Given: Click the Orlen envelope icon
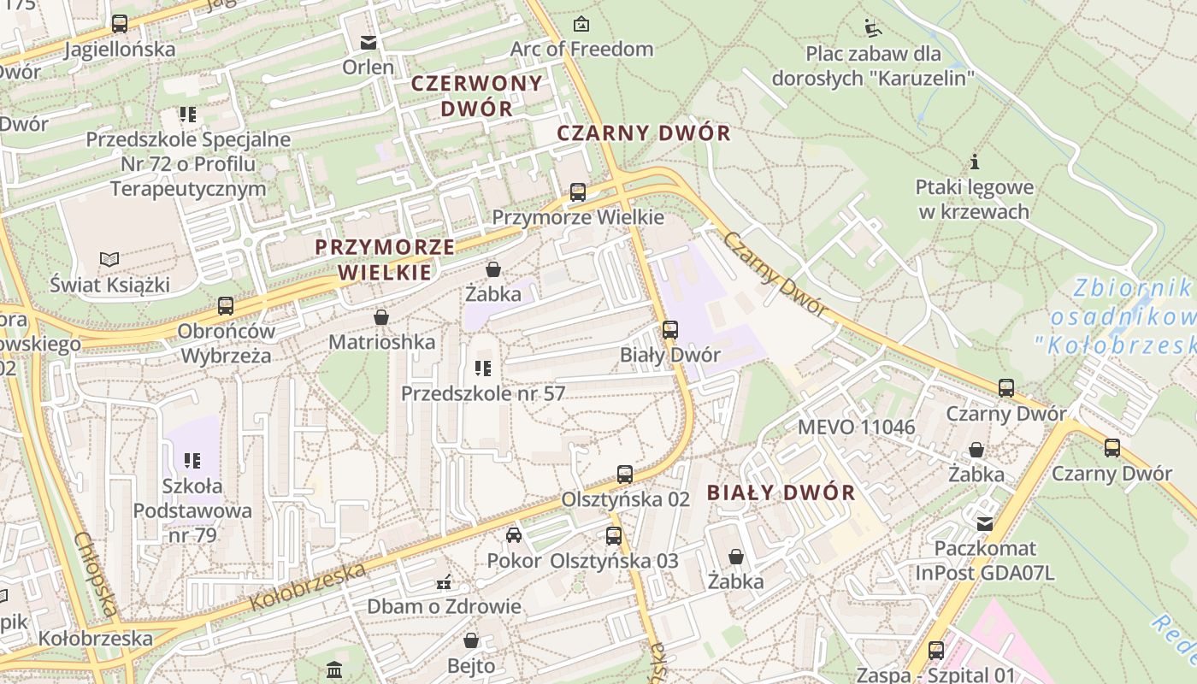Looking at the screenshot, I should pyautogui.click(x=369, y=42).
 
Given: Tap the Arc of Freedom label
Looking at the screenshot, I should pyautogui.click(x=581, y=49).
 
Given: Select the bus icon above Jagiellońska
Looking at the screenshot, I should pyautogui.click(x=120, y=24).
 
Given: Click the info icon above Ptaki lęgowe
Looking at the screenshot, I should pyautogui.click(x=974, y=162).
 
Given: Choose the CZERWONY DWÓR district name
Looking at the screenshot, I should pyautogui.click(x=477, y=96).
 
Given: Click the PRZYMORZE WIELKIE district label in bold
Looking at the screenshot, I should pyautogui.click(x=385, y=260).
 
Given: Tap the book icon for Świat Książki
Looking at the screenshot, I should pyautogui.click(x=109, y=259).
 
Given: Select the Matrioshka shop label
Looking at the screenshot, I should pyautogui.click(x=382, y=342).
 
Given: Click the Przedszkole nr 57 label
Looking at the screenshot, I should pyautogui.click(x=483, y=393).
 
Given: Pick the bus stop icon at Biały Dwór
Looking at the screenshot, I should pyautogui.click(x=670, y=329).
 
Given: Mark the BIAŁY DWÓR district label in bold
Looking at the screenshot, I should pyautogui.click(x=781, y=492).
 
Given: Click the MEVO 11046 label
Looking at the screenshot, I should pyautogui.click(x=856, y=427).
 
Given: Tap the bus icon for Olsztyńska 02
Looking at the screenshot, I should pyautogui.click(x=625, y=475).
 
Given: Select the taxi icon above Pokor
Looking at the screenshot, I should pyautogui.click(x=514, y=535).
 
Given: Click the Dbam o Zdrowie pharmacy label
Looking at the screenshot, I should pyautogui.click(x=444, y=606).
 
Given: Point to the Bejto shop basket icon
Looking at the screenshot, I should pyautogui.click(x=471, y=640).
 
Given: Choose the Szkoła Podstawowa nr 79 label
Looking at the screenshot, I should pyautogui.click(x=192, y=510).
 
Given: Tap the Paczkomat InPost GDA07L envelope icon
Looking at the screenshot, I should pyautogui.click(x=985, y=523).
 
